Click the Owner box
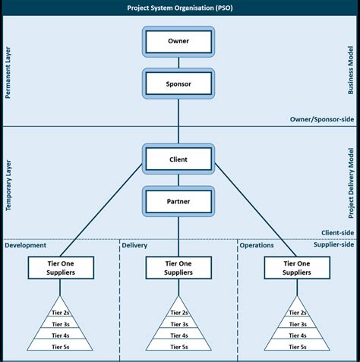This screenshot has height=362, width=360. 178,40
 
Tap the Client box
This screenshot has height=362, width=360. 178,160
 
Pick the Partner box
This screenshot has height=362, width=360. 178,202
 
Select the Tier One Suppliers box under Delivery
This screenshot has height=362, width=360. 178,267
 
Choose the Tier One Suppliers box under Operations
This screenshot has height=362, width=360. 297,267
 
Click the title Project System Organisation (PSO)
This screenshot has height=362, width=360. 180,8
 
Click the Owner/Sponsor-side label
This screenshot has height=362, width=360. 322,119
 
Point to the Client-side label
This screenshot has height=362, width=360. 337,233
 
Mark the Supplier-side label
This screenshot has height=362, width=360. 334,244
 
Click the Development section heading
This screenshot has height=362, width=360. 26,245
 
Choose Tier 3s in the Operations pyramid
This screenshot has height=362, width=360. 297,323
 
